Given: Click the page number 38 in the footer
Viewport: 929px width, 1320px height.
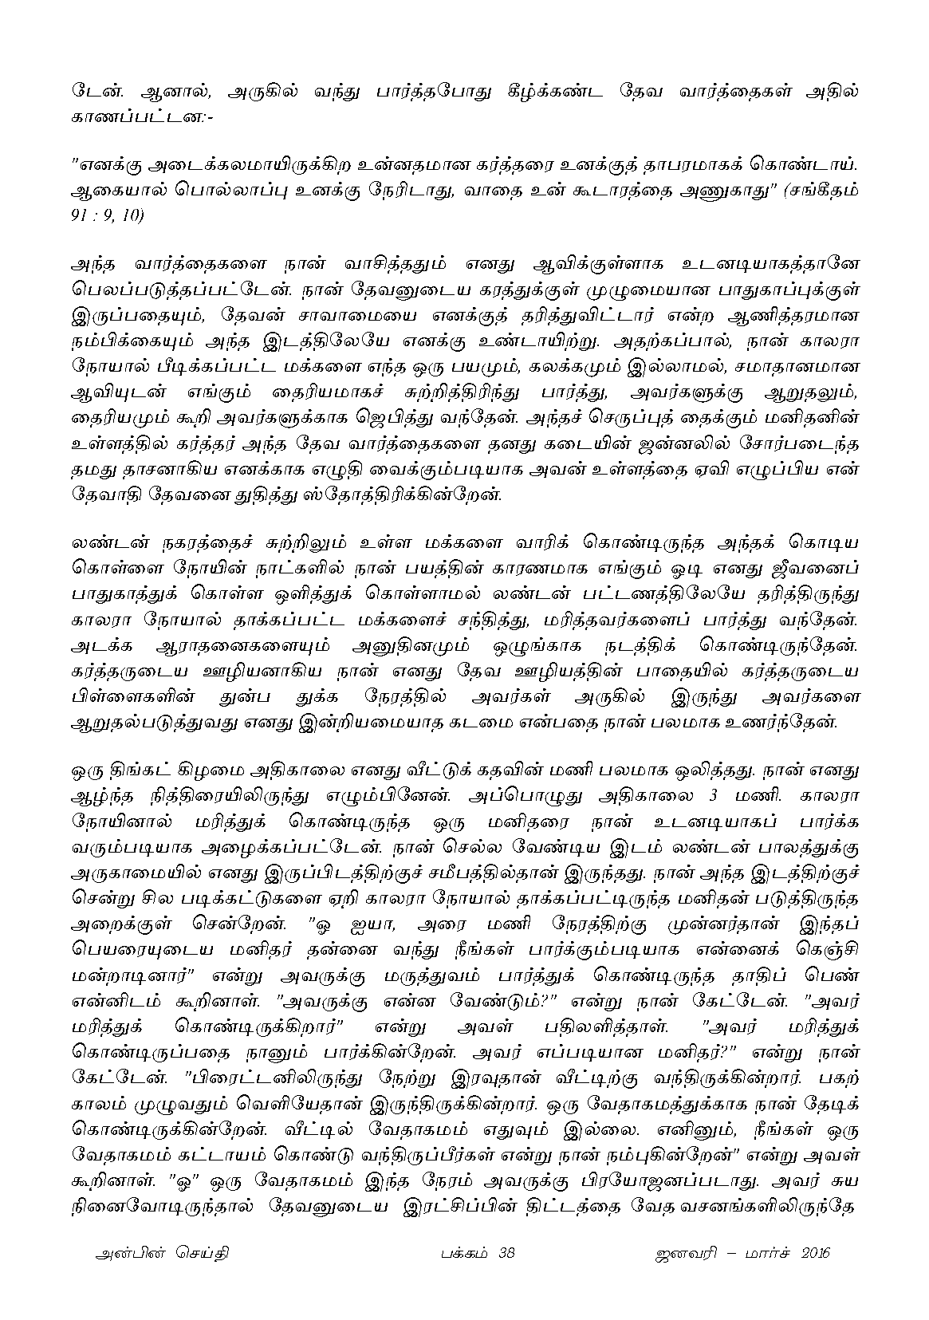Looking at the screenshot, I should [x=506, y=1253].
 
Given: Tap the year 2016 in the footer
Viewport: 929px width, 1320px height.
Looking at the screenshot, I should [x=813, y=1253].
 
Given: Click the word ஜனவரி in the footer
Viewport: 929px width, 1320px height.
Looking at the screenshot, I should [x=680, y=1253].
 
